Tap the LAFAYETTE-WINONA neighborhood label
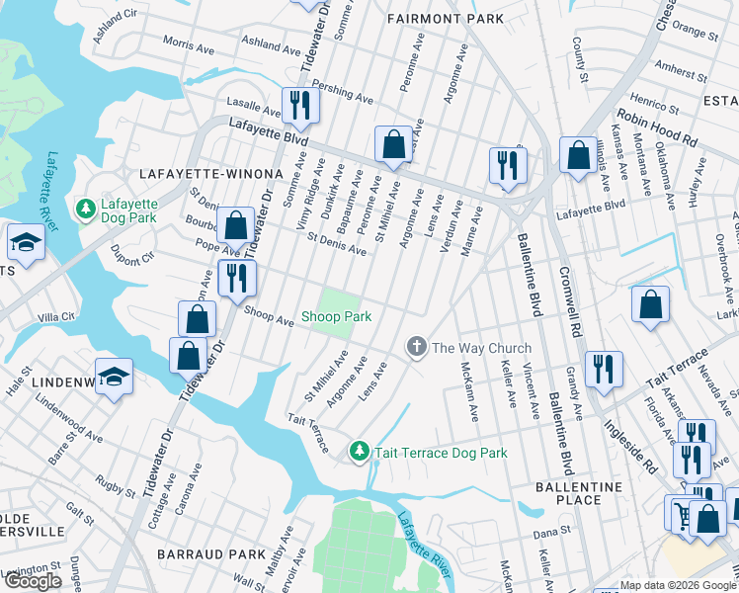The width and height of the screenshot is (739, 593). tap(205, 173)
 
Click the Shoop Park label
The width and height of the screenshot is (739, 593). tap(336, 317)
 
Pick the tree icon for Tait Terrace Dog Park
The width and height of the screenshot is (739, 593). tap(359, 453)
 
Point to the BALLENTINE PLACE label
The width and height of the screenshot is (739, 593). tap(579, 493)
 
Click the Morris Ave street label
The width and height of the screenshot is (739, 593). tap(188, 46)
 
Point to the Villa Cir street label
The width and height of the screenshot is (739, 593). tap(56, 317)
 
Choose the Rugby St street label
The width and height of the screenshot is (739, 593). tap(115, 486)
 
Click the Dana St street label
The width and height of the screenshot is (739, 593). tap(546, 533)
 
